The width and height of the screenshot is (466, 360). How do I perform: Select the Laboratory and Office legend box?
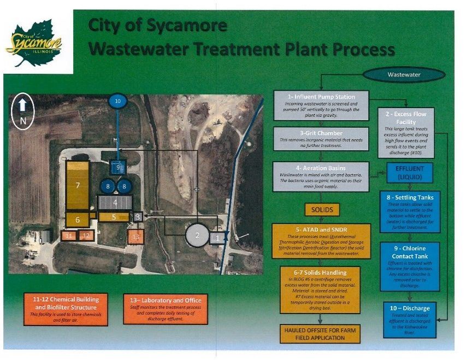point(166,309)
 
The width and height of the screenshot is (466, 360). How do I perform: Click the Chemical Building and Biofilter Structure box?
point(65,309)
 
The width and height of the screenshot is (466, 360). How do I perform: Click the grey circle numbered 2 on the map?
point(197,235)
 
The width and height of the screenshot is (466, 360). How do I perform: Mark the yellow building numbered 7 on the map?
point(78,185)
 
